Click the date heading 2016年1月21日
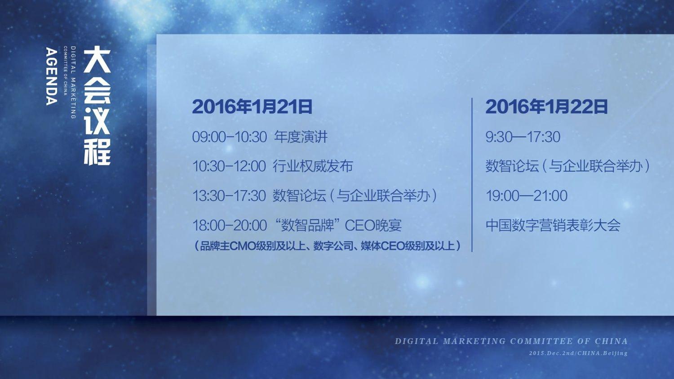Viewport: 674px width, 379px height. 252,107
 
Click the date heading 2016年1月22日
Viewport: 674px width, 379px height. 546,107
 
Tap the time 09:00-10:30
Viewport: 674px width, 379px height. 230,137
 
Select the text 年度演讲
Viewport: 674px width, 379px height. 301,137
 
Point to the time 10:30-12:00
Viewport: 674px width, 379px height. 229,166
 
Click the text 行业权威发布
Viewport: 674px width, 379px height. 313,166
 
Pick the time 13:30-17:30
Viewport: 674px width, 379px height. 229,196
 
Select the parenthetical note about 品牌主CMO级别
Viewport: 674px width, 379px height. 328,246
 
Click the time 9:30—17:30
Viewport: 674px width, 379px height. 523,137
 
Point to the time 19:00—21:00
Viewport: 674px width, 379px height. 527,196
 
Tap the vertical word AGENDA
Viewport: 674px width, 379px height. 52,76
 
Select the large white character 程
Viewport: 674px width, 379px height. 97,152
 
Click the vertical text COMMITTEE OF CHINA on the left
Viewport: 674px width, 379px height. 65,71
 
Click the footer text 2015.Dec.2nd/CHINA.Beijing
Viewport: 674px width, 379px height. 578,353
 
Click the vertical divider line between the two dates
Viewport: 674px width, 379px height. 472,174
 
